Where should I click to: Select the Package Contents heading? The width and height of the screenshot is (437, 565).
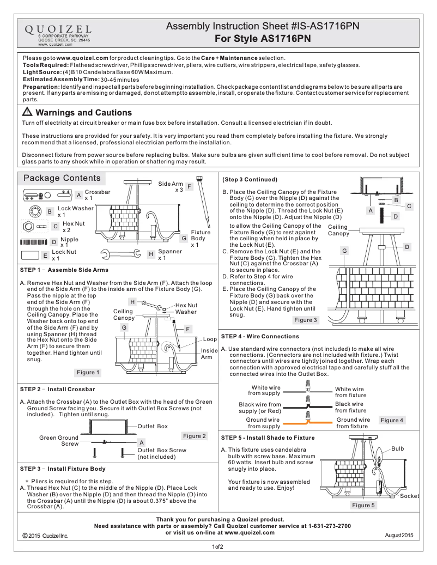coord(62,178)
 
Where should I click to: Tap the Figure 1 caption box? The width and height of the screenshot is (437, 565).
coord(88,373)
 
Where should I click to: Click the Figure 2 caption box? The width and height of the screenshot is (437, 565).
coord(195,436)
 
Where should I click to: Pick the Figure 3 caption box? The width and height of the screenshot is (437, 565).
coord(306,320)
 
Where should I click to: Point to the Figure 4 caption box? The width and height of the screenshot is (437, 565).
coord(392,420)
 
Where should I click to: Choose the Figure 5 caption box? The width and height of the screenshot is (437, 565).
coord(363,506)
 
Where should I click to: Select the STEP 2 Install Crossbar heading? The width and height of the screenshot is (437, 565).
coord(57,390)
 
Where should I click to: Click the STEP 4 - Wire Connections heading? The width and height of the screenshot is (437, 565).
coord(260,336)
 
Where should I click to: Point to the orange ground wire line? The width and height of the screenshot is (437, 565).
coord(308,422)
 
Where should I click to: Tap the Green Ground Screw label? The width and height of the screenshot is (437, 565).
coord(59,440)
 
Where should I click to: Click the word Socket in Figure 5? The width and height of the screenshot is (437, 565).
coord(410,496)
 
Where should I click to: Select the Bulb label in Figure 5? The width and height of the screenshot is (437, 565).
coord(398,449)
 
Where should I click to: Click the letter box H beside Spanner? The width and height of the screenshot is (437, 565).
coord(150,254)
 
